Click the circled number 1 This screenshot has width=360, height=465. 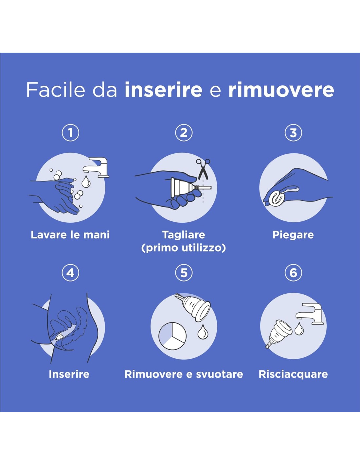pos(70,133)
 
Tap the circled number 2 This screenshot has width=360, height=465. pos(184,133)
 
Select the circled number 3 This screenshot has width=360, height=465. pos(293,133)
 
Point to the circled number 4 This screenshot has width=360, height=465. pos(70,273)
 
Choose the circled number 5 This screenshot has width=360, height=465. pos(184,273)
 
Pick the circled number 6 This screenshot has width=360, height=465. pos(293,273)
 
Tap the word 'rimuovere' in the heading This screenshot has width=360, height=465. pos(281,90)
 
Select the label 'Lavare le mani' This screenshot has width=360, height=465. pos(70,235)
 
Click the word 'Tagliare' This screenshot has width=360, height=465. pos(184,235)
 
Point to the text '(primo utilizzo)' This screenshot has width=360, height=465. pos(184,248)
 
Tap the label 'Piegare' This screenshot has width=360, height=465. pos(293,235)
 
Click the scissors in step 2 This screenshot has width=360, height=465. pos(203,169)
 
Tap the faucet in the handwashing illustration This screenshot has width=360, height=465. pos(96,167)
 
